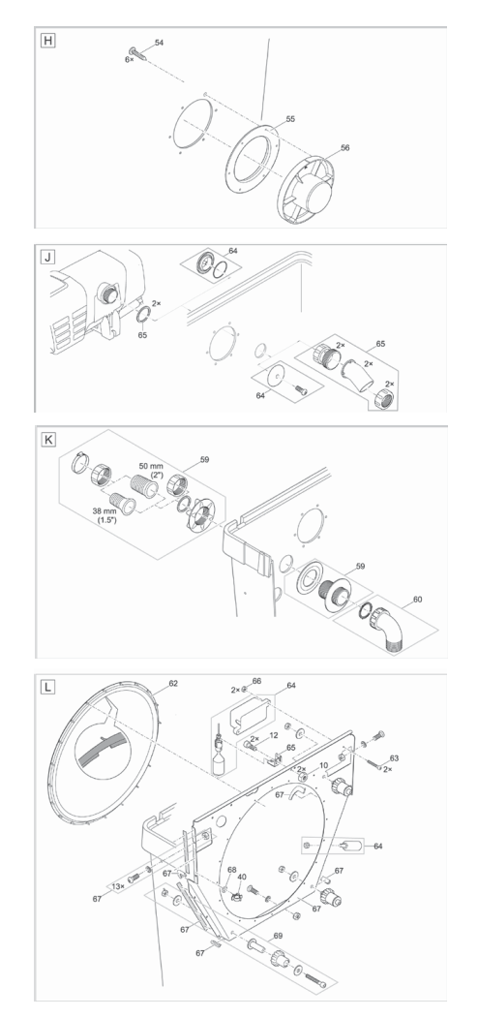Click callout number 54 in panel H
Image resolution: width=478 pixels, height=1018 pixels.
tap(159, 43)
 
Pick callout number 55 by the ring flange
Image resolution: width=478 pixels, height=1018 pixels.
tap(290, 118)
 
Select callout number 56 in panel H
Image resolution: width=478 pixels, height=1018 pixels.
tap(345, 149)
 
